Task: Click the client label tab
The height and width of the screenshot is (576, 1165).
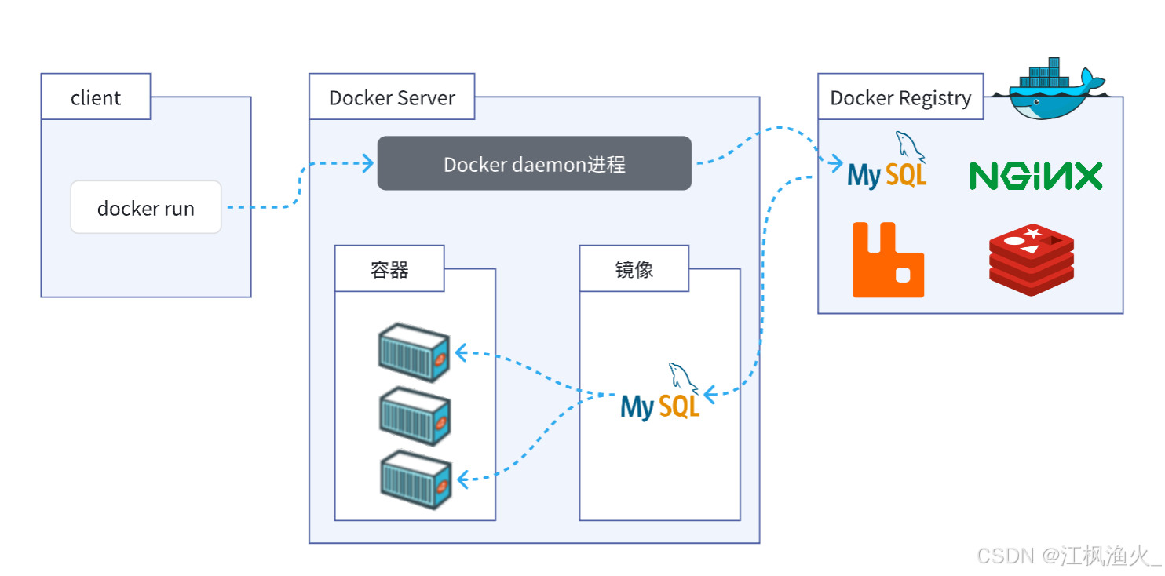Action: point(95,97)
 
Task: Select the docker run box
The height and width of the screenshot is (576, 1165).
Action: point(146,208)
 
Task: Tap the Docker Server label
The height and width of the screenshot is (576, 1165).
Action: point(392,97)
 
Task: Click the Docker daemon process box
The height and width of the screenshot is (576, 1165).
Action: point(534,163)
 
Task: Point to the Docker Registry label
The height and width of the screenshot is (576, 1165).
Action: point(900,97)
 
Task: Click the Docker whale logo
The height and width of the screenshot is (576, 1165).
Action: point(1048,88)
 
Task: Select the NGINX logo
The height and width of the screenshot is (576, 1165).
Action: point(1035,176)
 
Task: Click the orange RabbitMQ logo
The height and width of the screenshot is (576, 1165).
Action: point(888,261)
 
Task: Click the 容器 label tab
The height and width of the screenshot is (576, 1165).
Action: point(389,269)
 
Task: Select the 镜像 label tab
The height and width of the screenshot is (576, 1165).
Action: point(634,269)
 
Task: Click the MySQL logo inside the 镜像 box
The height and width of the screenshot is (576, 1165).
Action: point(660,393)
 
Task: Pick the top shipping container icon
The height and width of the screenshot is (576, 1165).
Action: point(414,352)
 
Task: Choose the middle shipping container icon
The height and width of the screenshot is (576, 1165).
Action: point(414,414)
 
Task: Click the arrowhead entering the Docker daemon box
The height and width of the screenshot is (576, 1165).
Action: point(367,163)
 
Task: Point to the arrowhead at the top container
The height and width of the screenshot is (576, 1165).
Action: point(461,353)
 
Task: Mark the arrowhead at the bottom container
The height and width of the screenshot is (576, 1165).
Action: point(463,478)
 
